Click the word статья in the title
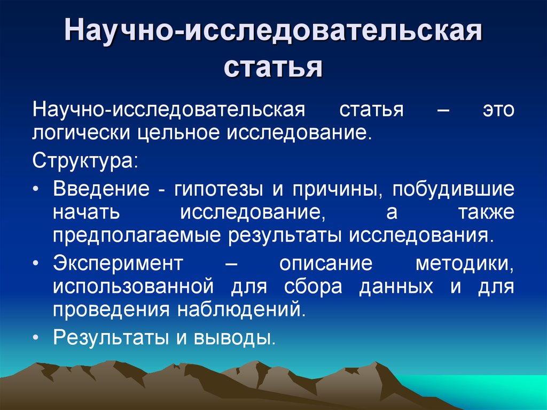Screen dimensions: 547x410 pos(273,67)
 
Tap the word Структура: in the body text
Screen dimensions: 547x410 pos(85,161)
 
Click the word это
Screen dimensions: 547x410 pos(498,110)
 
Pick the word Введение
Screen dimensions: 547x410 pos(101,189)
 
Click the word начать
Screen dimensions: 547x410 pos(86,212)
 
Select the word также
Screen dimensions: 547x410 pos(486,212)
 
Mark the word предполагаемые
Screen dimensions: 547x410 pos(137,236)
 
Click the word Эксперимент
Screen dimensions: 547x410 pos(118,264)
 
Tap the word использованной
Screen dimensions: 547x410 pos(133,287)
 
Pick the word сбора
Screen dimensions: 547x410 pos(313,286)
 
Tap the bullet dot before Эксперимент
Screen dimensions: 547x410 pos(35,264)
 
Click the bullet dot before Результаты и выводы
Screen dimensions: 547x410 pos(35,338)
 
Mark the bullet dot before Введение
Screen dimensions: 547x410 pos(35,190)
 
